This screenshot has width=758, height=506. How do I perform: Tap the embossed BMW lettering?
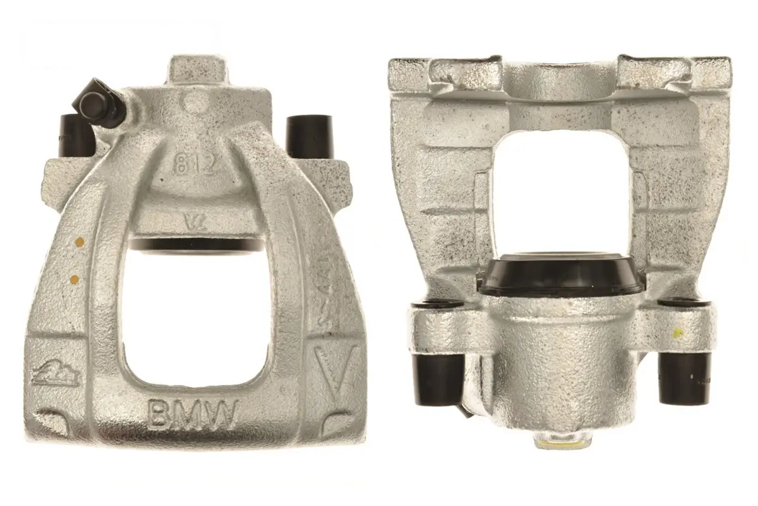(x=193, y=414)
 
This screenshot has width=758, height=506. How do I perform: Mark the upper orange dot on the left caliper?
(x=80, y=241)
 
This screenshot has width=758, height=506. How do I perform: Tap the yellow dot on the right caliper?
(x=678, y=332)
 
